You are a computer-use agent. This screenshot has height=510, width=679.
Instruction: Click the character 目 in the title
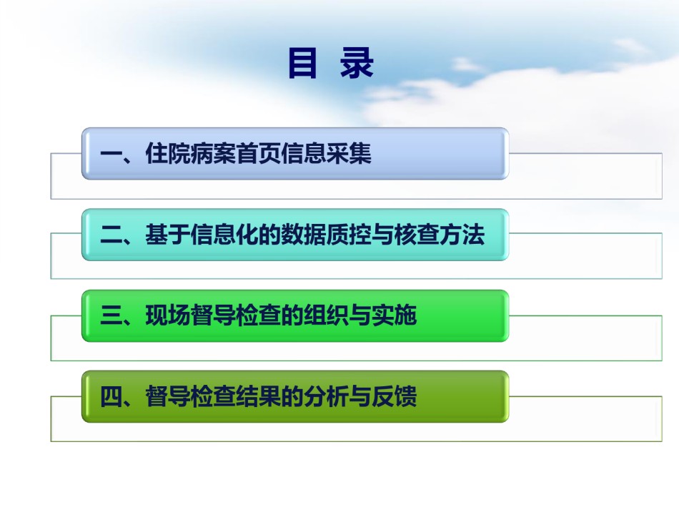coord(302,63)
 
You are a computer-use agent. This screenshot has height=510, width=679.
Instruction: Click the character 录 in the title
coord(357,63)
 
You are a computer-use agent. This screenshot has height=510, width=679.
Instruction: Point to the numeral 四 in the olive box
coord(111,396)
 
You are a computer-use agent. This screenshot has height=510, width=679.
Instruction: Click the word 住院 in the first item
coord(167,153)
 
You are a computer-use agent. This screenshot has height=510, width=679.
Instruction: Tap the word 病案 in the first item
coord(212,153)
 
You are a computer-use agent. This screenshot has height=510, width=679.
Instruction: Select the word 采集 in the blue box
coord(349,153)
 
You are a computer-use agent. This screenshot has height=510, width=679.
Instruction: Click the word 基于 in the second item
coord(167,235)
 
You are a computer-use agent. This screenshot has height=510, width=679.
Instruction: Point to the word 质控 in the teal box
coord(349,235)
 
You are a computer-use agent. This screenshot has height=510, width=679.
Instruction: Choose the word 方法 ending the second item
coord(462,235)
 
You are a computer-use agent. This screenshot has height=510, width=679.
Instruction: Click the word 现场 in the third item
coord(167,315)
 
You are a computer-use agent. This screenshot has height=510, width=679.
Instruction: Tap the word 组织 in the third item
coord(326,315)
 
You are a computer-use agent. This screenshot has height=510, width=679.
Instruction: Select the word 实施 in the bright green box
coord(394,315)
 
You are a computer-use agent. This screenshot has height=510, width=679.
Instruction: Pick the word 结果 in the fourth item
coord(258,396)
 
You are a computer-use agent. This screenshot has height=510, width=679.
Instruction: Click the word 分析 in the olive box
coord(326,396)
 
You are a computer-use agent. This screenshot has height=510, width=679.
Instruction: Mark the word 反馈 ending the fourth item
coord(394,396)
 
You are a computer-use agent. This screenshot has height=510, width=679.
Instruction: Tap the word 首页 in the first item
coord(258,153)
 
